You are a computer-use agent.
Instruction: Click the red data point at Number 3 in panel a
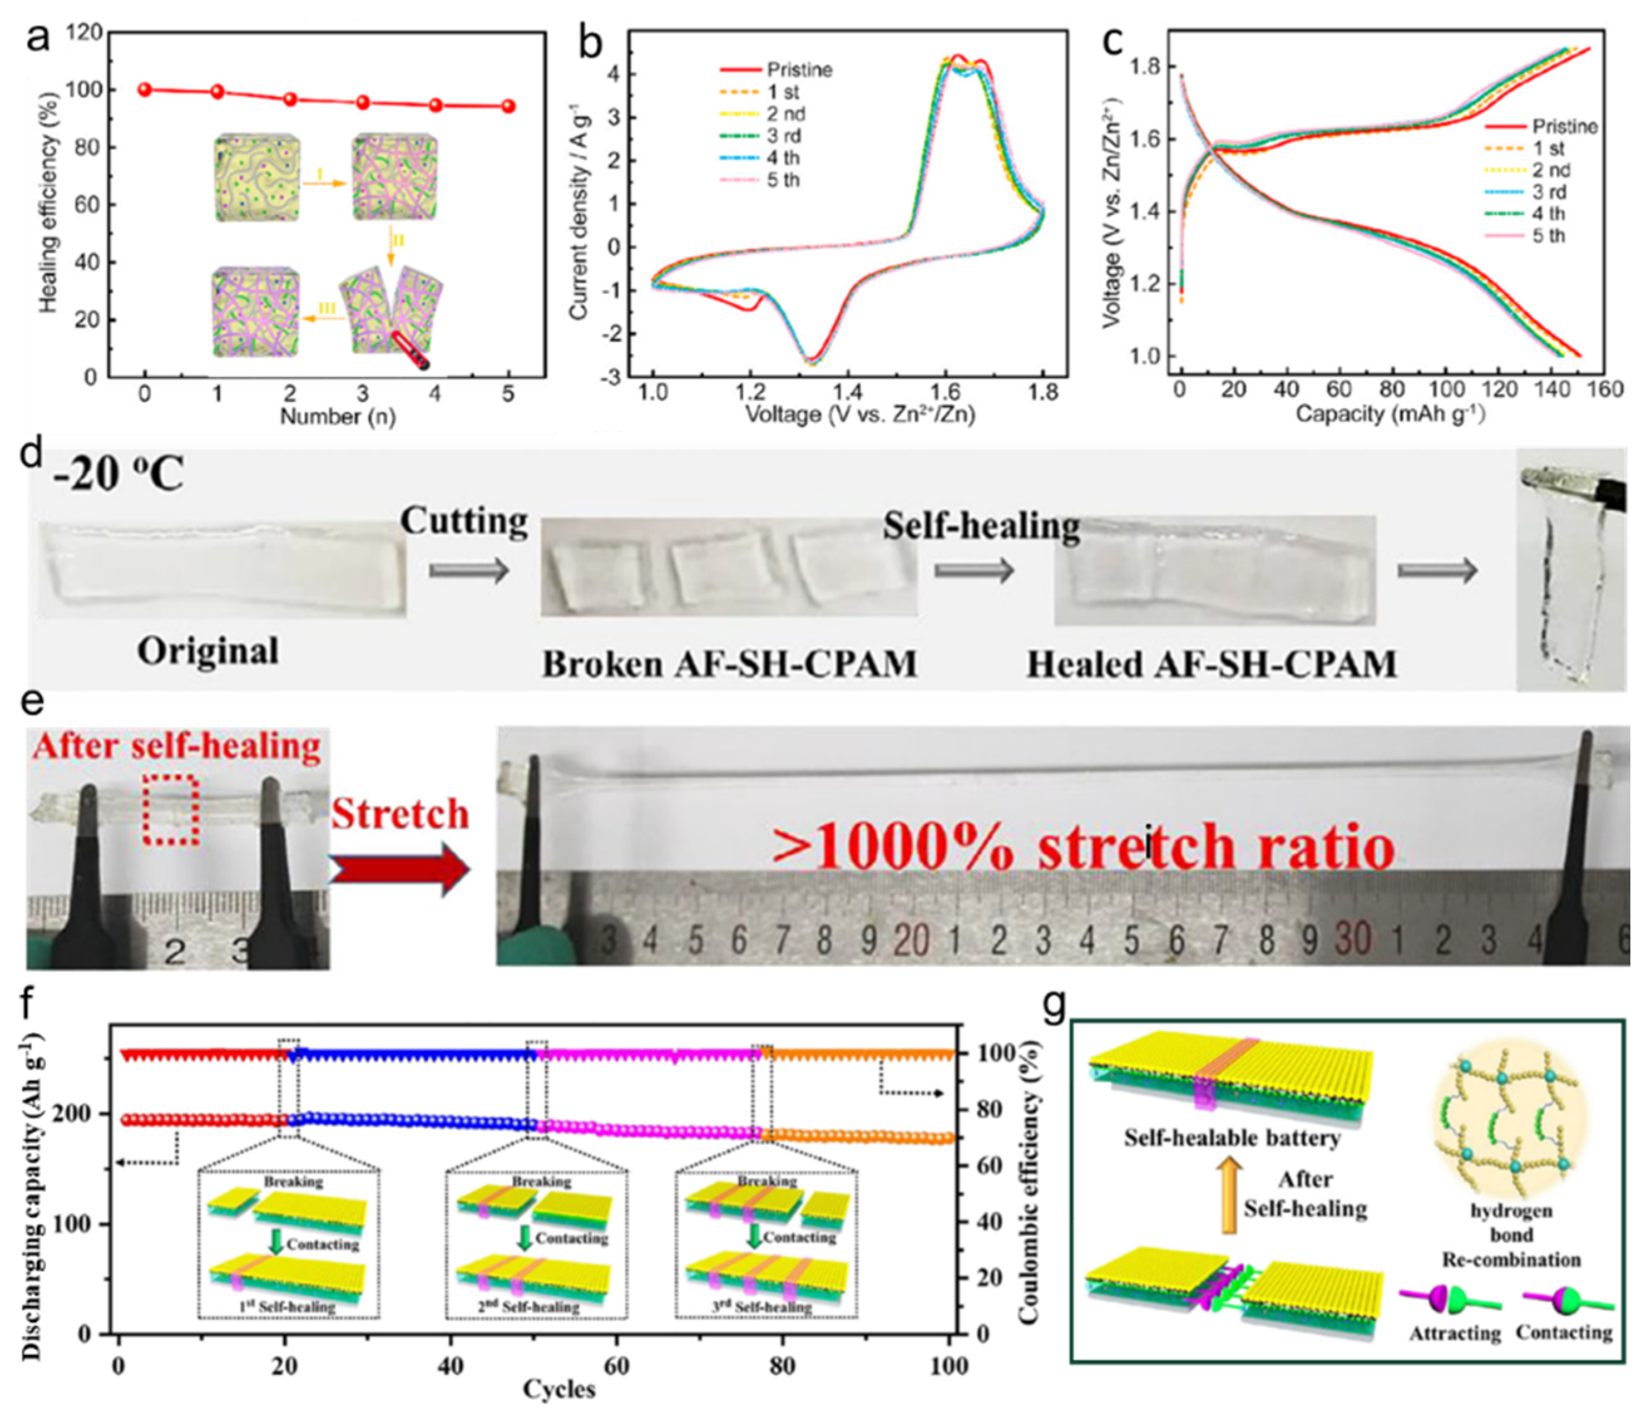tap(363, 102)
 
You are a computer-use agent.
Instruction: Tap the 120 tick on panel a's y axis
tap(85, 33)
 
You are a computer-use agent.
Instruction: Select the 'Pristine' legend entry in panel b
tap(798, 70)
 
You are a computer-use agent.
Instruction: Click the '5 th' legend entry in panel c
tap(1548, 236)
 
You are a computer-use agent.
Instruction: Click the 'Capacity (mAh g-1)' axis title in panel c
tap(1389, 414)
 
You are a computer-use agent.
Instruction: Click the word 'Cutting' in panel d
tap(464, 522)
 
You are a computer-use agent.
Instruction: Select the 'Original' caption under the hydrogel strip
tap(208, 651)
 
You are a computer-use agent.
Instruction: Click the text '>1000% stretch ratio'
tap(1083, 846)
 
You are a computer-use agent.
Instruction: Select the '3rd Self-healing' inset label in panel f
tap(765, 1307)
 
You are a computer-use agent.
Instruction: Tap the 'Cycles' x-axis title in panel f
tap(559, 1389)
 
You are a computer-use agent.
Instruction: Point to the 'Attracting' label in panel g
tap(1454, 1334)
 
